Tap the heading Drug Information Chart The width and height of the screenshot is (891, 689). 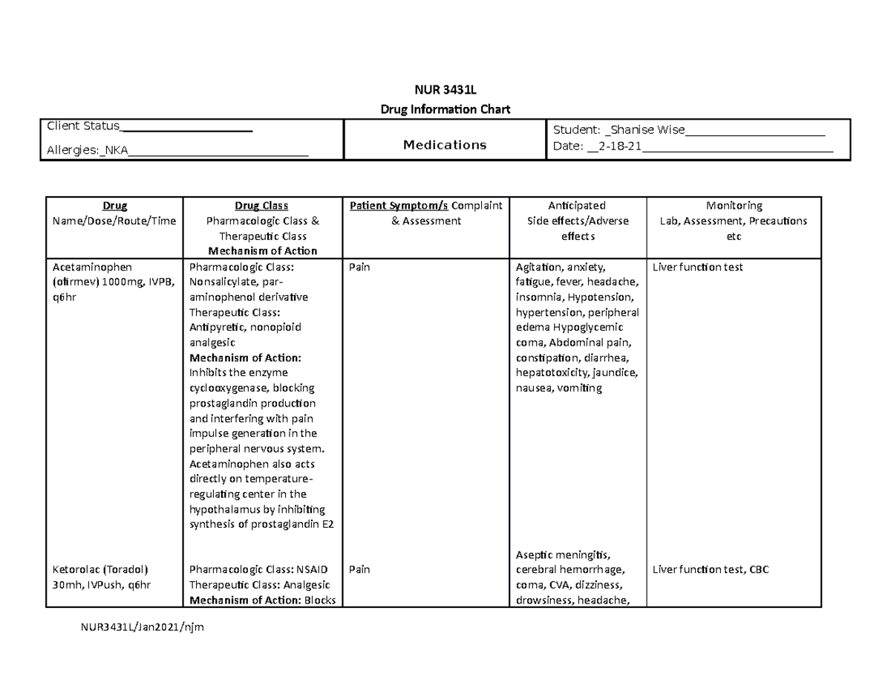coord(445,110)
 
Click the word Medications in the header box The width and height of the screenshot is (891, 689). coord(445,145)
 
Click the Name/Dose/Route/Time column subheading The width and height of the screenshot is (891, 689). coord(115,221)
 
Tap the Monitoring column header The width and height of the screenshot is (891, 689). coord(734,206)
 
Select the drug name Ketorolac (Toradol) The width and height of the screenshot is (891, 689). coord(100,570)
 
